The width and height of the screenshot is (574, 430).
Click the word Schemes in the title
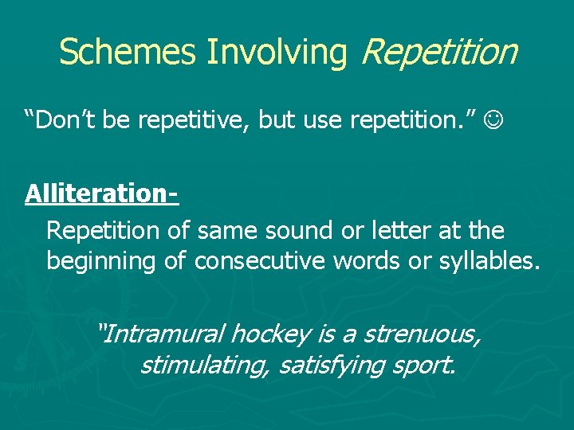[x=128, y=52]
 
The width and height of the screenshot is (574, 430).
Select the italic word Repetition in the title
[x=439, y=52]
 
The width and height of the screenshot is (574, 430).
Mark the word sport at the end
[x=423, y=365]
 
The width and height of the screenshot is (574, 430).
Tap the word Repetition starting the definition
[x=104, y=231]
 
